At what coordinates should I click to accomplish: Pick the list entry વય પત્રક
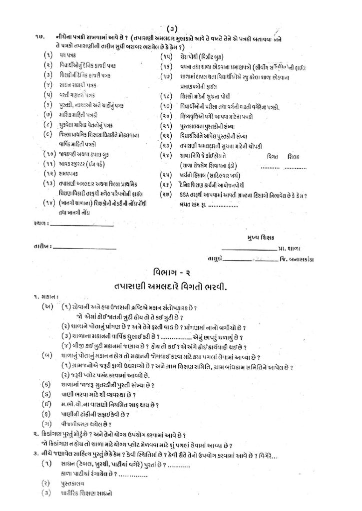66,57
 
